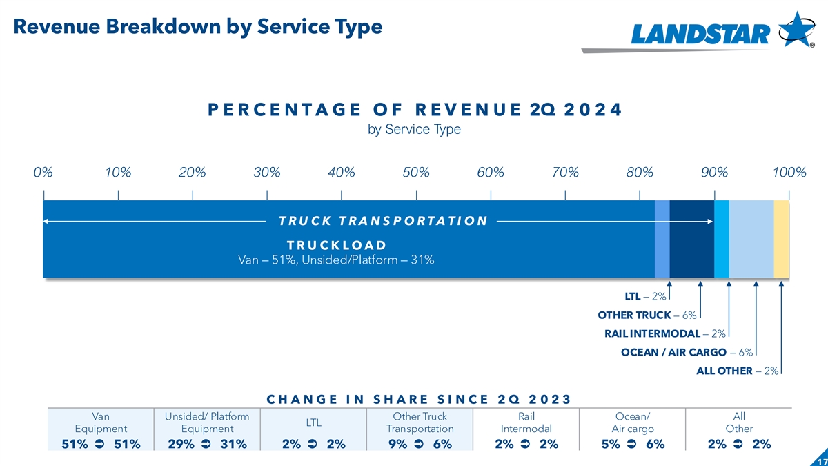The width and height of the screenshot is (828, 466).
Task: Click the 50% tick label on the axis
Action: click(416, 172)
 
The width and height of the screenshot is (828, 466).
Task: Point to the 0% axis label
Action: click(43, 172)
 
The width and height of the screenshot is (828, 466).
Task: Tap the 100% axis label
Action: click(789, 172)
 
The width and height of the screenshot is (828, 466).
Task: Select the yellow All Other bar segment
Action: click(781, 239)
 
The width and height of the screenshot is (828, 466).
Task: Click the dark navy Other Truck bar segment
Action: click(691, 239)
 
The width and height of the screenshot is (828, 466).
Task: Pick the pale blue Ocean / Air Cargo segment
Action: click(751, 239)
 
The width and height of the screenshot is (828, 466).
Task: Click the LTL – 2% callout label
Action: click(645, 297)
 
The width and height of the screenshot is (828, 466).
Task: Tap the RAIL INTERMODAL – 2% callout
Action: click(664, 334)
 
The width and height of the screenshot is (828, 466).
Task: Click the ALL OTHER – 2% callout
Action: click(738, 371)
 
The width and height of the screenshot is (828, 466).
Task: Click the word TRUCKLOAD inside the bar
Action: click(336, 245)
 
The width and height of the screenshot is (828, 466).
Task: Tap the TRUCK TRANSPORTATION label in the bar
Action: click(383, 221)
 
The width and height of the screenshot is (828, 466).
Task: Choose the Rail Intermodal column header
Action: click(526, 422)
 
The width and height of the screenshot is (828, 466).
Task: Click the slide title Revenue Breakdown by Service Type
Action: click(197, 27)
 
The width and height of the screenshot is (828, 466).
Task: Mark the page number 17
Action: click(821, 460)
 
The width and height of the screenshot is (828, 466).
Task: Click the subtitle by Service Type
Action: click(414, 129)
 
